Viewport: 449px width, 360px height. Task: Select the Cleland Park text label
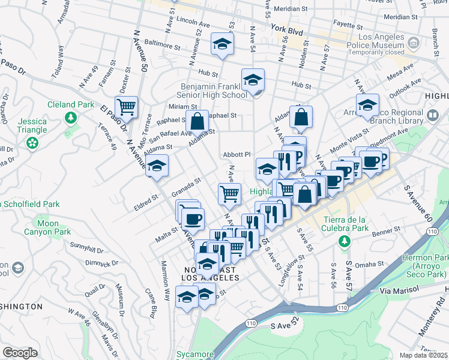(71, 104)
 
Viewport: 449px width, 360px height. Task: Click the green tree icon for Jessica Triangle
(31, 143)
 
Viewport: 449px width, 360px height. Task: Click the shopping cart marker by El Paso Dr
(126, 107)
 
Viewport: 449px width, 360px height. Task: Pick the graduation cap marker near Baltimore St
(221, 44)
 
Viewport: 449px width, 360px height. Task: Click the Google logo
(20, 353)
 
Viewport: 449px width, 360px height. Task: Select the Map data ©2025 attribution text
(424, 355)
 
